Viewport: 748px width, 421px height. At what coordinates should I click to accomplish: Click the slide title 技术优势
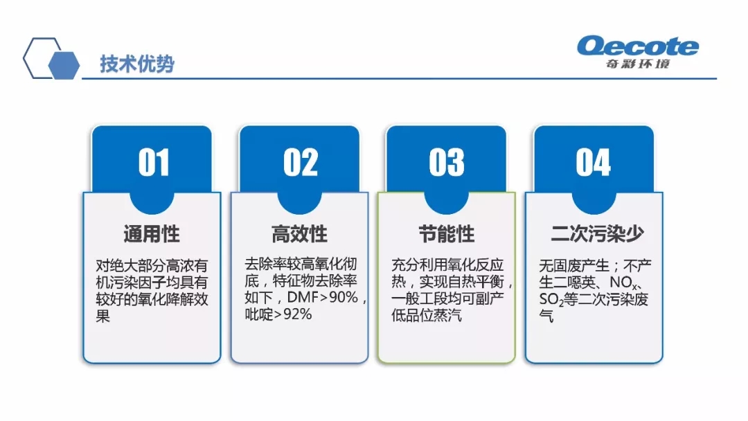(137, 64)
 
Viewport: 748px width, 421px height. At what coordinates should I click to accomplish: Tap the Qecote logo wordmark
(638, 46)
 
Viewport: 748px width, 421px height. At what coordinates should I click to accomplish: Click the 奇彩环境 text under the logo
(638, 64)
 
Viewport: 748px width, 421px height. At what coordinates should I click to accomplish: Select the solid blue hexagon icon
(64, 64)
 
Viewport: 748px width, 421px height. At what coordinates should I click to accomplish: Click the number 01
(154, 162)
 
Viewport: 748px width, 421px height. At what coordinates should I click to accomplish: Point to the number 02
(300, 162)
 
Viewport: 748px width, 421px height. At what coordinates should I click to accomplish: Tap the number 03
(447, 162)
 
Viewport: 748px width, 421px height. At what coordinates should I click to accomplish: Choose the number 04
(593, 162)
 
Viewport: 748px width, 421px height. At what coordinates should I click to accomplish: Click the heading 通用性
(152, 234)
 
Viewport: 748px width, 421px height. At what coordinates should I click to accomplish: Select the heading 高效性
(300, 234)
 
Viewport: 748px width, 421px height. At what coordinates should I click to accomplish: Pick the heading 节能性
(447, 234)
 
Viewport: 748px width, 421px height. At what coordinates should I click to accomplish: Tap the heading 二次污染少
(597, 233)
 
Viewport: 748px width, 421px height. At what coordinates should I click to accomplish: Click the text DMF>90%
(323, 297)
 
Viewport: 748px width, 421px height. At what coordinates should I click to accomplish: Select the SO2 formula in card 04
(551, 300)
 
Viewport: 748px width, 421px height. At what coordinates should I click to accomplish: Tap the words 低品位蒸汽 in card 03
(427, 315)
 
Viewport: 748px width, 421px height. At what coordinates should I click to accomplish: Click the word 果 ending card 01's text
(103, 316)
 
